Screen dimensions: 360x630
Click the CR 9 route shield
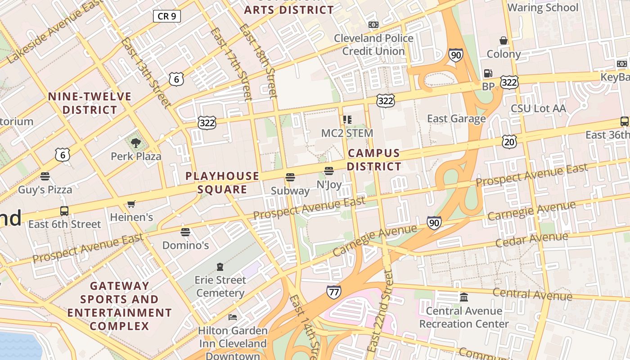tap(167, 17)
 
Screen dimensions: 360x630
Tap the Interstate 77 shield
tap(333, 292)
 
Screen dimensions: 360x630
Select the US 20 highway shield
tap(509, 142)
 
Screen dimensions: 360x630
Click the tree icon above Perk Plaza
tap(135, 144)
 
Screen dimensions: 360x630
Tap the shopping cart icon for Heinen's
tap(131, 204)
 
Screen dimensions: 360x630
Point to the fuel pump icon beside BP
tap(488, 73)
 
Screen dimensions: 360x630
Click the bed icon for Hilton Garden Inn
tap(233, 317)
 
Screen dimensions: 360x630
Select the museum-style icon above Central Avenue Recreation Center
tap(464, 297)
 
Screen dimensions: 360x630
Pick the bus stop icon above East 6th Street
tap(64, 211)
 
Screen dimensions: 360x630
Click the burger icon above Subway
tap(290, 177)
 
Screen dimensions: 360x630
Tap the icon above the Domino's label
tap(185, 232)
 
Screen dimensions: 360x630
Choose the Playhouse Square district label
tap(222, 183)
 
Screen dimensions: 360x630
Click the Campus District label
tap(374, 160)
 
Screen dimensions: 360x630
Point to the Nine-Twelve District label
tap(90, 103)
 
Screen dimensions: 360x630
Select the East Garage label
tap(456, 118)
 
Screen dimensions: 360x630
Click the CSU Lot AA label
tap(538, 108)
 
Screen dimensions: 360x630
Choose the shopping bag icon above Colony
tap(504, 40)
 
